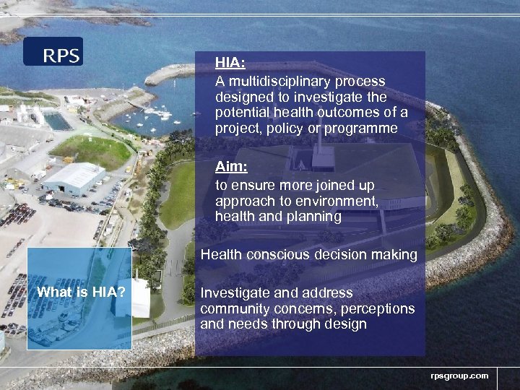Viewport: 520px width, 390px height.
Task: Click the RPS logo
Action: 53,52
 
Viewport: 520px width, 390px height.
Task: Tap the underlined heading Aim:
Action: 231,167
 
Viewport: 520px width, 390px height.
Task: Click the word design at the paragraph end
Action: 345,325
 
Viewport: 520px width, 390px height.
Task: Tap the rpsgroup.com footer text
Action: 459,376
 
